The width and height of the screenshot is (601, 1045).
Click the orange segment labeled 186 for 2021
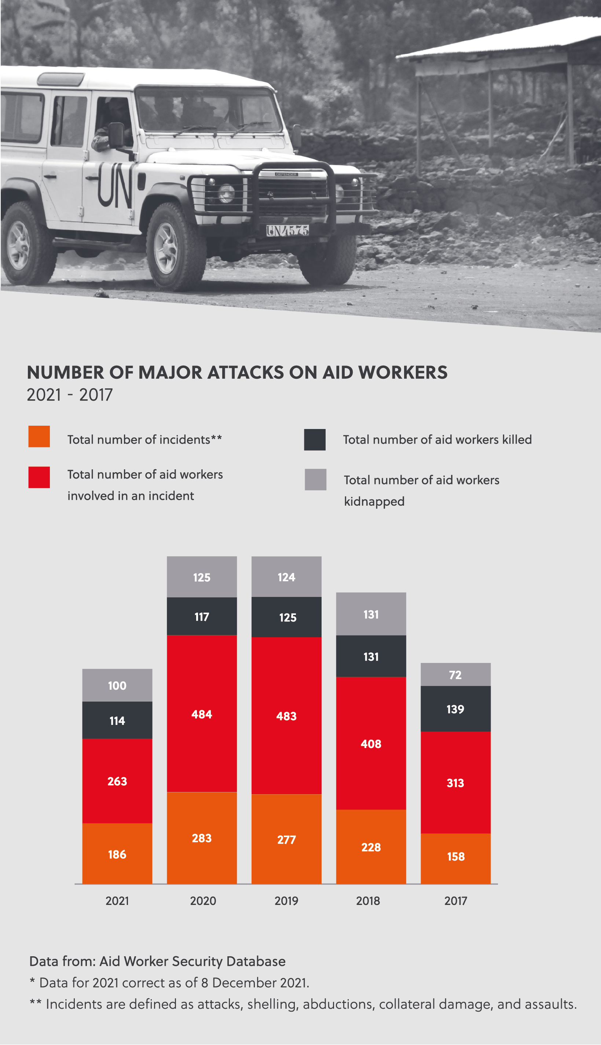[x=117, y=854]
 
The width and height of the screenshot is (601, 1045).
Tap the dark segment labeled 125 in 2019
[x=286, y=617]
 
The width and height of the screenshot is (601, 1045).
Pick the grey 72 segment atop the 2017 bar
[x=455, y=674]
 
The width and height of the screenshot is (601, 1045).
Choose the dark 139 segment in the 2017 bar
[x=455, y=709]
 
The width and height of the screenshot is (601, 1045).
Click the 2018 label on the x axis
[x=368, y=901]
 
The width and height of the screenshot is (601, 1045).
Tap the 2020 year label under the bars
[x=203, y=901]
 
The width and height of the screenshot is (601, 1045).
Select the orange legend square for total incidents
[x=39, y=436]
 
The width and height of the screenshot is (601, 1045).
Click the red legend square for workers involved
[x=39, y=477]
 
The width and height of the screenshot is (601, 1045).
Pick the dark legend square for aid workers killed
[x=315, y=440]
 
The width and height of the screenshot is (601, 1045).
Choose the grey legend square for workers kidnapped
[x=315, y=479]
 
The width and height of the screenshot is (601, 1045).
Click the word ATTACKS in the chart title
[x=246, y=372]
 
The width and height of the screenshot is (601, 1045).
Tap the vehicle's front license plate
[x=287, y=230]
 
